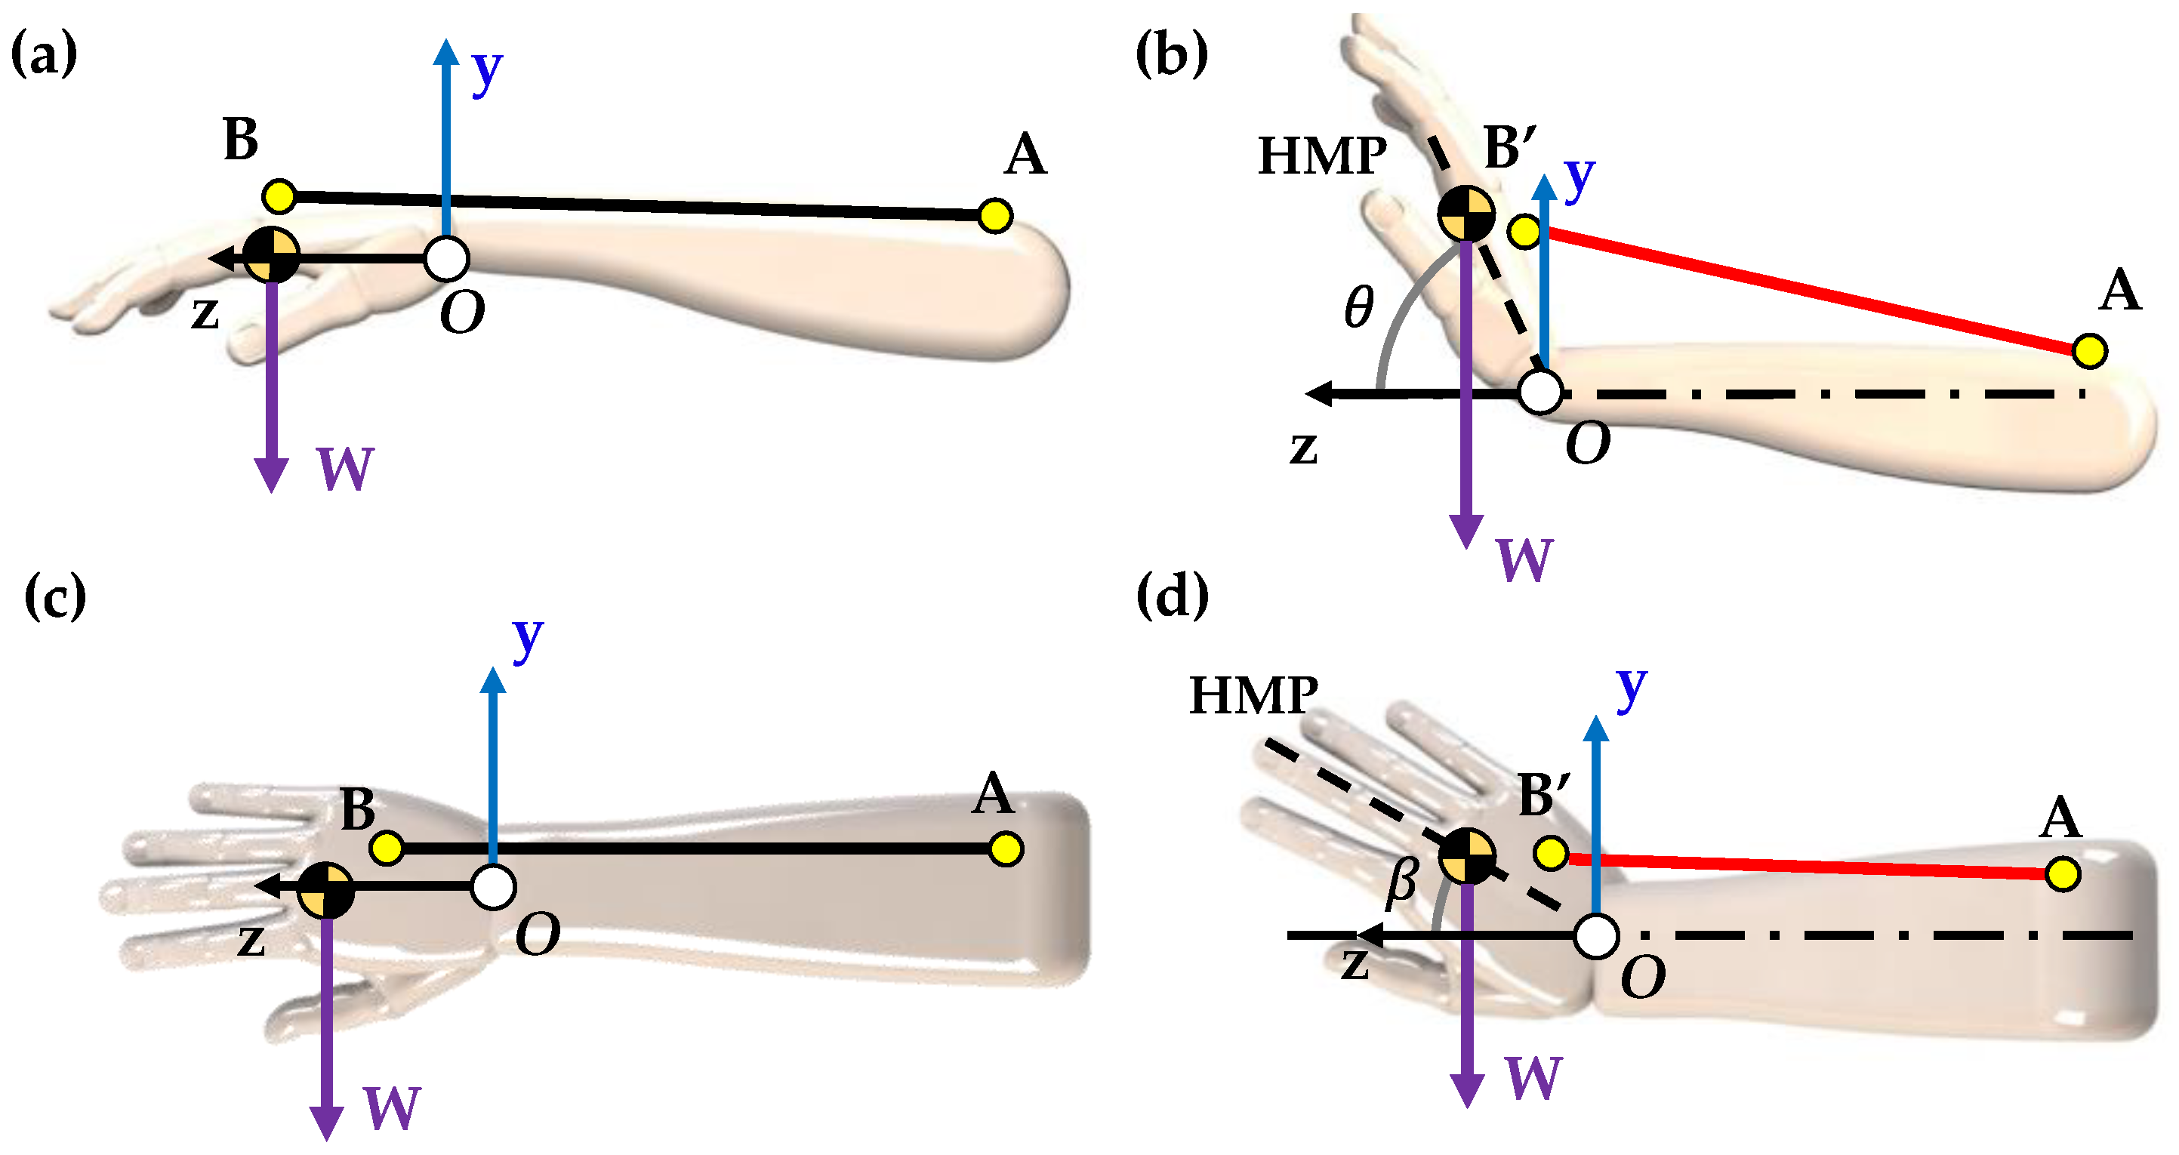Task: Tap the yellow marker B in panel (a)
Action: click(x=279, y=196)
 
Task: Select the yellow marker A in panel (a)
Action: click(x=995, y=216)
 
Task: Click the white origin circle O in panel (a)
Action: click(x=447, y=259)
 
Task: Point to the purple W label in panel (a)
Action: click(x=345, y=470)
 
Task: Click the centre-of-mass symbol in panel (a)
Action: click(x=272, y=254)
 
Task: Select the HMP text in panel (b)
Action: click(x=1322, y=156)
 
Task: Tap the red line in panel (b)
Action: click(x=1811, y=290)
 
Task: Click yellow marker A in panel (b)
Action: click(x=2089, y=350)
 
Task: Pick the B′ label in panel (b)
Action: click(x=1509, y=149)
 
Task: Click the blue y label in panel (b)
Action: click(x=1580, y=178)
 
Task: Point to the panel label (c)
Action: click(x=55, y=596)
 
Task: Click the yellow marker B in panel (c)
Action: click(x=387, y=847)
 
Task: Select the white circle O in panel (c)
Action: click(x=493, y=887)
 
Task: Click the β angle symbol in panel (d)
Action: click(x=1401, y=882)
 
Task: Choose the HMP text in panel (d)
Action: click(x=1253, y=696)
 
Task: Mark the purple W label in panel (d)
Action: click(x=1533, y=1078)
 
